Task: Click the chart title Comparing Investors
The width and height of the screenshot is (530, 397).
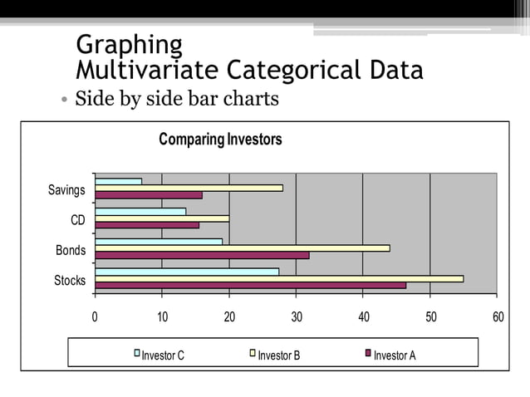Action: [x=220, y=140]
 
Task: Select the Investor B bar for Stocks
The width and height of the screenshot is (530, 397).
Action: [x=279, y=278]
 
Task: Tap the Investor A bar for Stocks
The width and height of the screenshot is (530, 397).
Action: [x=250, y=286]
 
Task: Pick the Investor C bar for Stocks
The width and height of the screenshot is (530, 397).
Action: [x=187, y=272]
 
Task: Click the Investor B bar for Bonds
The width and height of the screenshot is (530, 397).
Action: [x=242, y=248]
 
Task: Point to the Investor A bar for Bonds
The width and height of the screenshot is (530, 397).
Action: [x=202, y=255]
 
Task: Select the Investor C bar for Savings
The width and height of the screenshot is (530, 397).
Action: [x=118, y=181]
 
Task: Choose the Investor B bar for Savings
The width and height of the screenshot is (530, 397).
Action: [x=189, y=188]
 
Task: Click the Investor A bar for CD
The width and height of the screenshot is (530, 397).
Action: [x=147, y=225]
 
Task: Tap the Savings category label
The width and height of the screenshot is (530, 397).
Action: [x=66, y=190]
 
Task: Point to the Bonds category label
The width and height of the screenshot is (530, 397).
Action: [x=71, y=250]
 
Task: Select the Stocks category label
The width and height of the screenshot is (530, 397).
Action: [x=70, y=281]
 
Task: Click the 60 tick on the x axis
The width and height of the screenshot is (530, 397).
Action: [x=498, y=316]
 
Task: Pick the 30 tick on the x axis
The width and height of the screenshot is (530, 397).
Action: [x=297, y=316]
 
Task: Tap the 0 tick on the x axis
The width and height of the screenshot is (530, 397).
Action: [x=95, y=316]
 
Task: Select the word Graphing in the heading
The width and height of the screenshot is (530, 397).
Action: [x=128, y=44]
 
